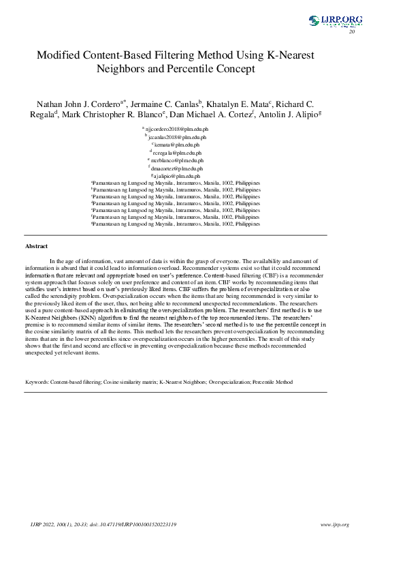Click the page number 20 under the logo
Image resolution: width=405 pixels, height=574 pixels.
(352, 32)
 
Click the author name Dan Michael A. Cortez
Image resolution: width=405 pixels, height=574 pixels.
(212, 115)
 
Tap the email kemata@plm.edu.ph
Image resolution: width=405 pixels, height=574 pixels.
(177, 145)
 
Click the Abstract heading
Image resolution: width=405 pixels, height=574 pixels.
(36, 245)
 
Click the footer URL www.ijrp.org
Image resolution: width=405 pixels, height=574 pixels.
(334, 525)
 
